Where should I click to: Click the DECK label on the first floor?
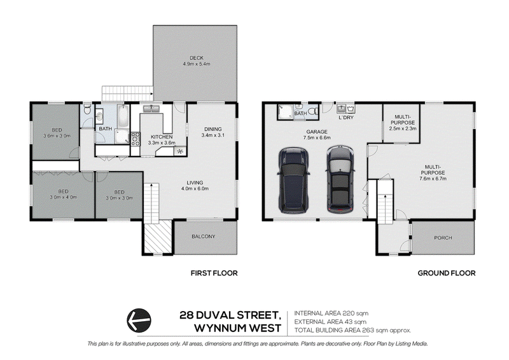[197, 58]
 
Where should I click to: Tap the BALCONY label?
[204, 237]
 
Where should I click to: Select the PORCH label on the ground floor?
[443, 238]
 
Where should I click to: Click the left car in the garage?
[293, 180]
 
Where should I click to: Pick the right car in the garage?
[340, 179]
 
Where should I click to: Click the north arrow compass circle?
[139, 321]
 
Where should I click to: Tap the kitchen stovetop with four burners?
[136, 139]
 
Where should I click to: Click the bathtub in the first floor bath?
[123, 116]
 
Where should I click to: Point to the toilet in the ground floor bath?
[312, 111]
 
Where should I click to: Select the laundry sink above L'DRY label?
[345, 107]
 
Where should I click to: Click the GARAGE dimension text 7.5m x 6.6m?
[317, 137]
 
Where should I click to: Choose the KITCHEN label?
[162, 137]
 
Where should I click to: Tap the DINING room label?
[213, 129]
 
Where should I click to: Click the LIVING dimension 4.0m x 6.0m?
[195, 189]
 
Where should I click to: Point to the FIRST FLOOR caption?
[214, 273]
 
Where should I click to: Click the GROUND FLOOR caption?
[447, 273]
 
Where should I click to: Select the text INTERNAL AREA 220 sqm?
[331, 314]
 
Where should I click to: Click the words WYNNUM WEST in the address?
[237, 328]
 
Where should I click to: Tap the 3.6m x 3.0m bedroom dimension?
[57, 136]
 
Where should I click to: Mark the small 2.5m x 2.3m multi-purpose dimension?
[403, 128]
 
